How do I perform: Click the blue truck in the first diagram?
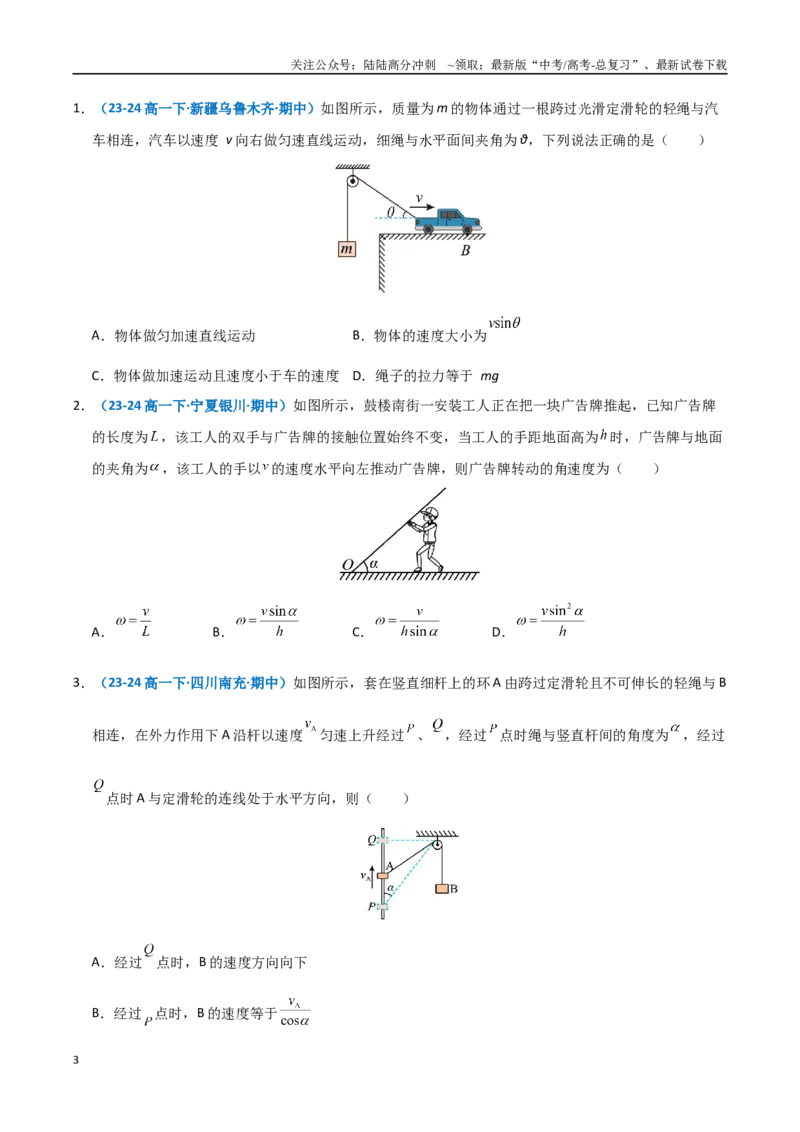pyautogui.click(x=448, y=221)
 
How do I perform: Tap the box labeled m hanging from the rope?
pyautogui.click(x=347, y=249)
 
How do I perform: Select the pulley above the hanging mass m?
pyautogui.click(x=352, y=180)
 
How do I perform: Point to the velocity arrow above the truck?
pyautogui.click(x=422, y=206)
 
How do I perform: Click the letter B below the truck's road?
pyautogui.click(x=466, y=251)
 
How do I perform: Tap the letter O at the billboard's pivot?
pyautogui.click(x=347, y=565)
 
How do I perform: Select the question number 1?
pyautogui.click(x=79, y=109)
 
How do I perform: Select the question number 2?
pyautogui.click(x=79, y=406)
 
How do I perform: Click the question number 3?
pyautogui.click(x=79, y=683)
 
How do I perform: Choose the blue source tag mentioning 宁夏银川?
pyautogui.click(x=194, y=406)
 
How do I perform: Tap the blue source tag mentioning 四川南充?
pyautogui.click(x=194, y=683)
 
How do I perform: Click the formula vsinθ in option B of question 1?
pyautogui.click(x=505, y=323)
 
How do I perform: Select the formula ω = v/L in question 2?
pyautogui.click(x=134, y=621)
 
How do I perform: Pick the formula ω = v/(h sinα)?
pyautogui.click(x=406, y=622)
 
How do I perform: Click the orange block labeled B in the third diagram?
pyautogui.click(x=442, y=889)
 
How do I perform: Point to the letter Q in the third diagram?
pyautogui.click(x=372, y=840)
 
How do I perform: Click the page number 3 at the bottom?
pyautogui.click(x=76, y=1060)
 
